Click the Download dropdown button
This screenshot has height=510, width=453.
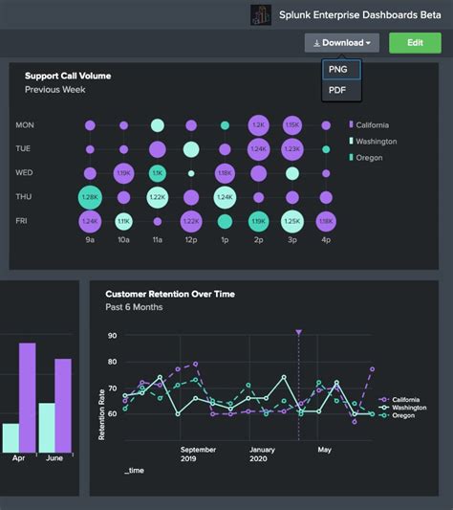341,43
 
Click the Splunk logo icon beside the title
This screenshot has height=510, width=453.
261,15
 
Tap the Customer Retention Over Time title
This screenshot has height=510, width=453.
169,294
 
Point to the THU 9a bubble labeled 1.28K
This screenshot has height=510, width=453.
90,197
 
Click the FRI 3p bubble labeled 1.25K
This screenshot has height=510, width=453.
291,221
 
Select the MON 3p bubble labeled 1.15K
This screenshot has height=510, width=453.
291,125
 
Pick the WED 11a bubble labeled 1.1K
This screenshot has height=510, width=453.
158,173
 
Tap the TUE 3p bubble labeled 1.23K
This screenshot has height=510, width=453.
291,149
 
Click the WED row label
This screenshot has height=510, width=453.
26,173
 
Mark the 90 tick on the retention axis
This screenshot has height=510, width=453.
112,336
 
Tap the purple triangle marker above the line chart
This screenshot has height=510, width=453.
298,333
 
